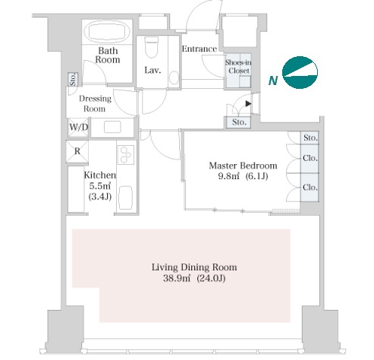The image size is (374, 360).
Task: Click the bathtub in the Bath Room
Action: coord(107,31)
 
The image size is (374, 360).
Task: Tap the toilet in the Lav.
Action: coord(152,46)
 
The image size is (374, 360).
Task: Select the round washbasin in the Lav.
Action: coord(174,77)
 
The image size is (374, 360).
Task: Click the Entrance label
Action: coord(200,49)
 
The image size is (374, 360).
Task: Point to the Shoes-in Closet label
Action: coord(238,67)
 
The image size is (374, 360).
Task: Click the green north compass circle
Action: coord(300,73)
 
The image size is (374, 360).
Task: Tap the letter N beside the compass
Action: coord(273,81)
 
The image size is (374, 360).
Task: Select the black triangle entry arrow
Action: coord(248,103)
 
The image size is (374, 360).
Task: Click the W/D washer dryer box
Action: coord(79,128)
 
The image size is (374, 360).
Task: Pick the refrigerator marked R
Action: coord(77,151)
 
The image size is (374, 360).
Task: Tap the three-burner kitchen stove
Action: coord(126,155)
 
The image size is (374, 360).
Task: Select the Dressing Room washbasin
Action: coord(112,127)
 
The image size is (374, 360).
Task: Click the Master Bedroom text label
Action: coord(243,166)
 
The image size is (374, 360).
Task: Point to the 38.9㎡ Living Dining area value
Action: coord(177,279)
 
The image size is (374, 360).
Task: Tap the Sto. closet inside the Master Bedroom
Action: coord(310,137)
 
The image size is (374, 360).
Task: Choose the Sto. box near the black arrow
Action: coord(239,122)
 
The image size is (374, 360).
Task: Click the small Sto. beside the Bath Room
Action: coord(73,80)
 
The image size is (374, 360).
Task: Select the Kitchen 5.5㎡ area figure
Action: coord(100,186)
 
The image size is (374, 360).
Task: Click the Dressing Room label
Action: coord(95,103)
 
